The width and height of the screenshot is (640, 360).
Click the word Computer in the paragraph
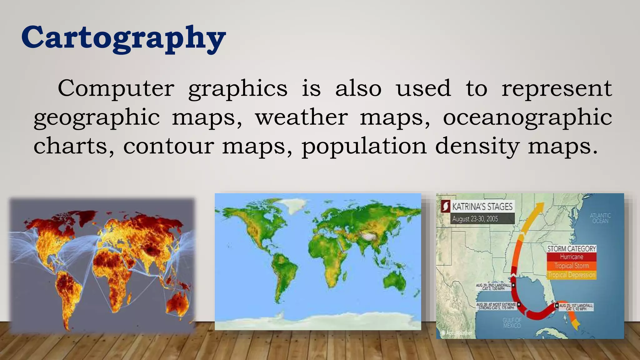[x=116, y=88]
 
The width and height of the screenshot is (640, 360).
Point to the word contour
[x=168, y=146]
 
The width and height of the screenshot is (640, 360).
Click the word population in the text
[x=364, y=146]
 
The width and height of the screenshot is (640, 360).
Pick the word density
[x=477, y=146]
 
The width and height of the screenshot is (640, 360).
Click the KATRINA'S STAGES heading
[x=482, y=207]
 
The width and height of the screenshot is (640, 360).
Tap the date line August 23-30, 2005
[x=475, y=219]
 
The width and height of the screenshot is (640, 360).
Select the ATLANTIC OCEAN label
[x=600, y=218]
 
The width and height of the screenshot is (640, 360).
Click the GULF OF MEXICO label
[x=512, y=322]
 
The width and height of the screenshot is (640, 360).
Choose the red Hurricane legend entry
[x=571, y=257]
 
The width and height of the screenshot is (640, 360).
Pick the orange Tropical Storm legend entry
[x=571, y=266]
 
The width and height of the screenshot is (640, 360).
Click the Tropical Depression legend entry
[x=571, y=275]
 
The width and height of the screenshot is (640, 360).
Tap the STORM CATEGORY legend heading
[x=571, y=249]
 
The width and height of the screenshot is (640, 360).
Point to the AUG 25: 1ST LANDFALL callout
[x=576, y=307]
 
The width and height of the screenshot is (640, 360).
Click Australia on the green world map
[x=394, y=280]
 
